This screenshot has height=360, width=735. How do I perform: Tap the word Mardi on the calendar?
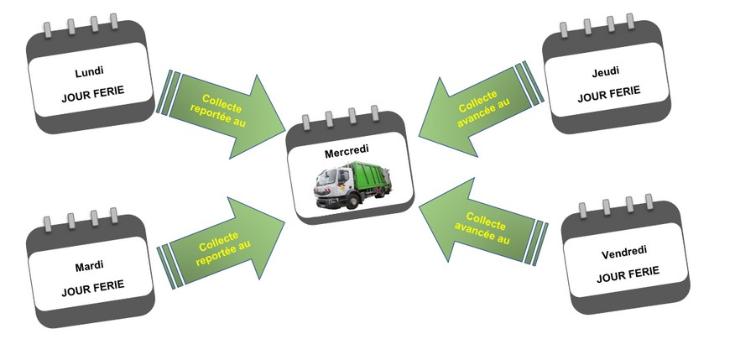[x=89, y=266]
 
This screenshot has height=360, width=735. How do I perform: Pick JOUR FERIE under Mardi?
[x=93, y=287]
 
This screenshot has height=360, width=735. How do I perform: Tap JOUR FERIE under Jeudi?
[x=608, y=92]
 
